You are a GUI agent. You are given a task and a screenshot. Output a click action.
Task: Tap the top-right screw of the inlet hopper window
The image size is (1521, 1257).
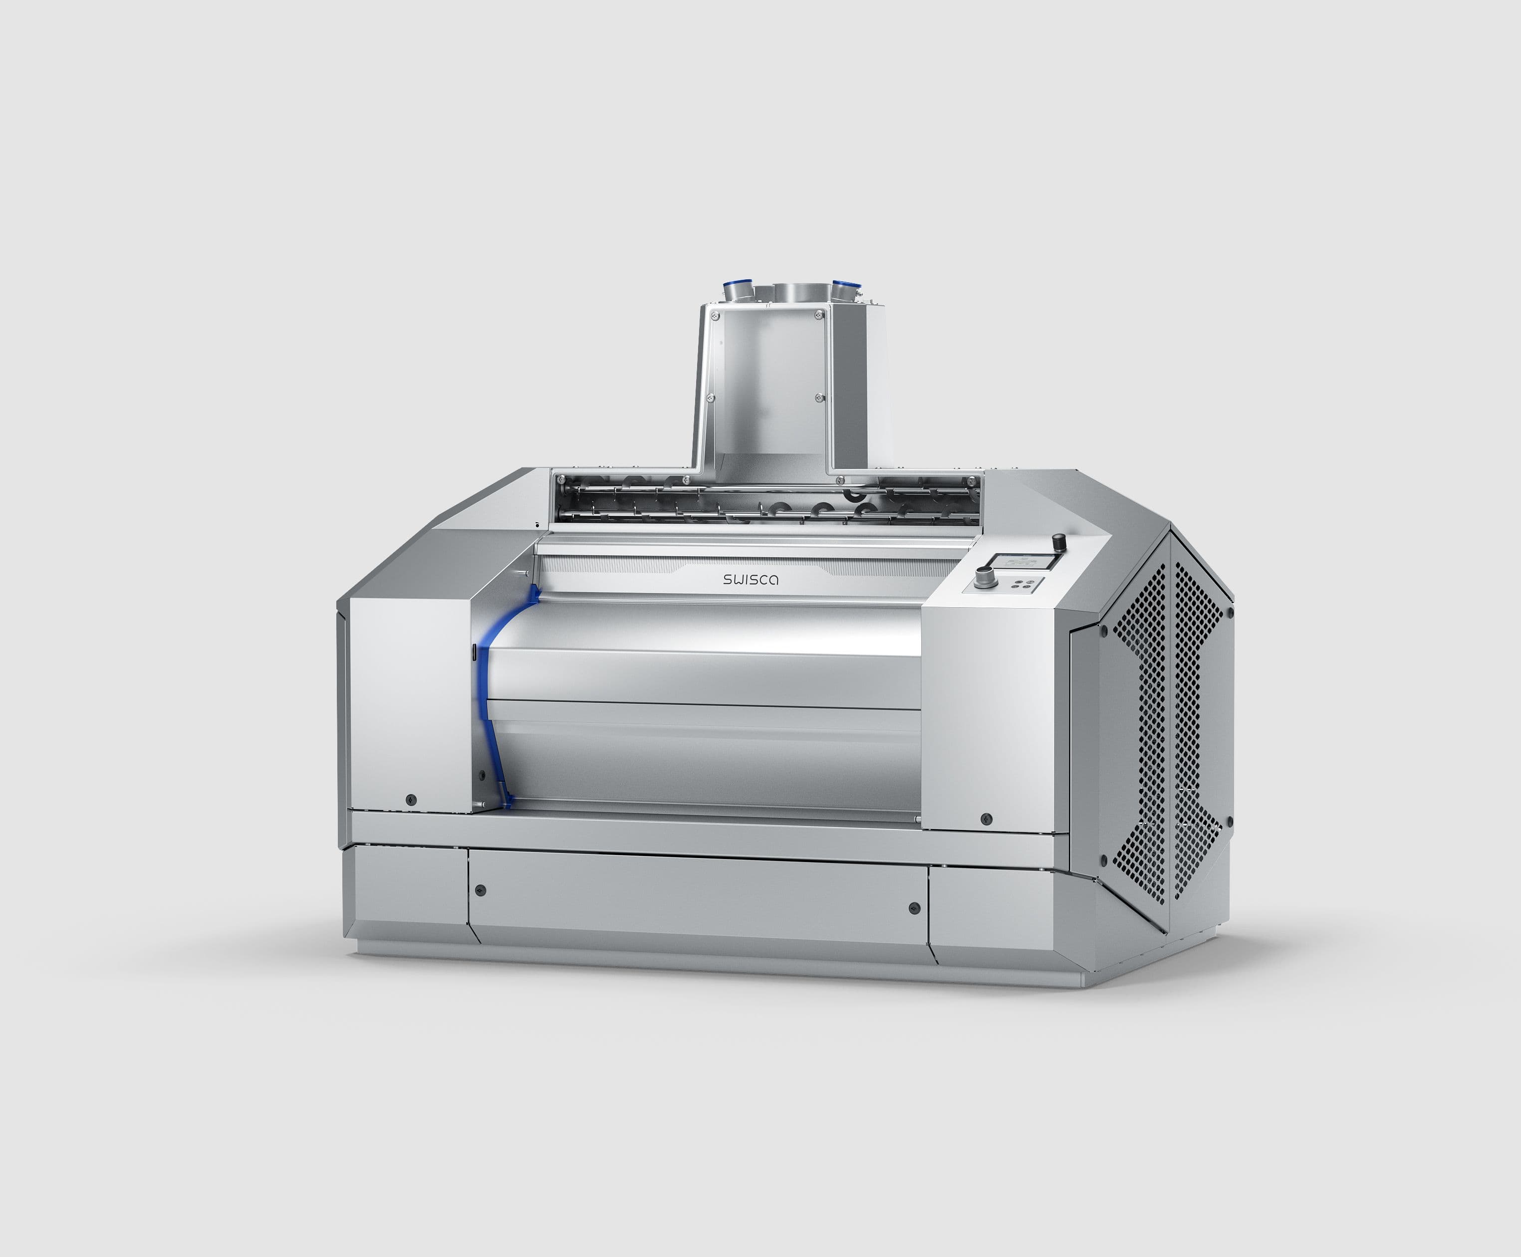coord(819,314)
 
